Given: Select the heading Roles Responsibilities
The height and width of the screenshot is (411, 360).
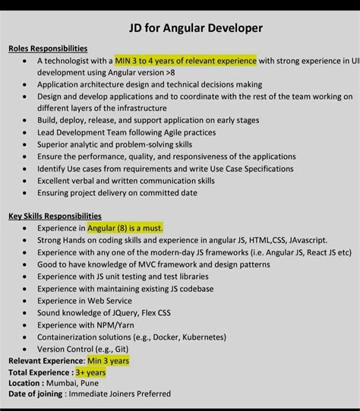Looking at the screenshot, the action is pos(48,49).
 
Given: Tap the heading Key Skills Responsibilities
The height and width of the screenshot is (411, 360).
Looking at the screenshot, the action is pos(55,216).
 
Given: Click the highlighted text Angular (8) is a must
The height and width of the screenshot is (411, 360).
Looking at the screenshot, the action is pos(125,228).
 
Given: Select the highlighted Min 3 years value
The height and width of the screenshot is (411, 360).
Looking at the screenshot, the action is pos(108,361).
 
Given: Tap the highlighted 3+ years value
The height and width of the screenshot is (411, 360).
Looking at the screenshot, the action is pos(90,372).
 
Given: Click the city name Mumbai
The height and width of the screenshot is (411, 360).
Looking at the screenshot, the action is pos(64,384).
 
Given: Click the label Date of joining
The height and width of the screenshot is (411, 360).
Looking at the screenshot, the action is pos(36,394).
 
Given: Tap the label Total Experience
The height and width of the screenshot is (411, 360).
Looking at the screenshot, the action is pos(39,372).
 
